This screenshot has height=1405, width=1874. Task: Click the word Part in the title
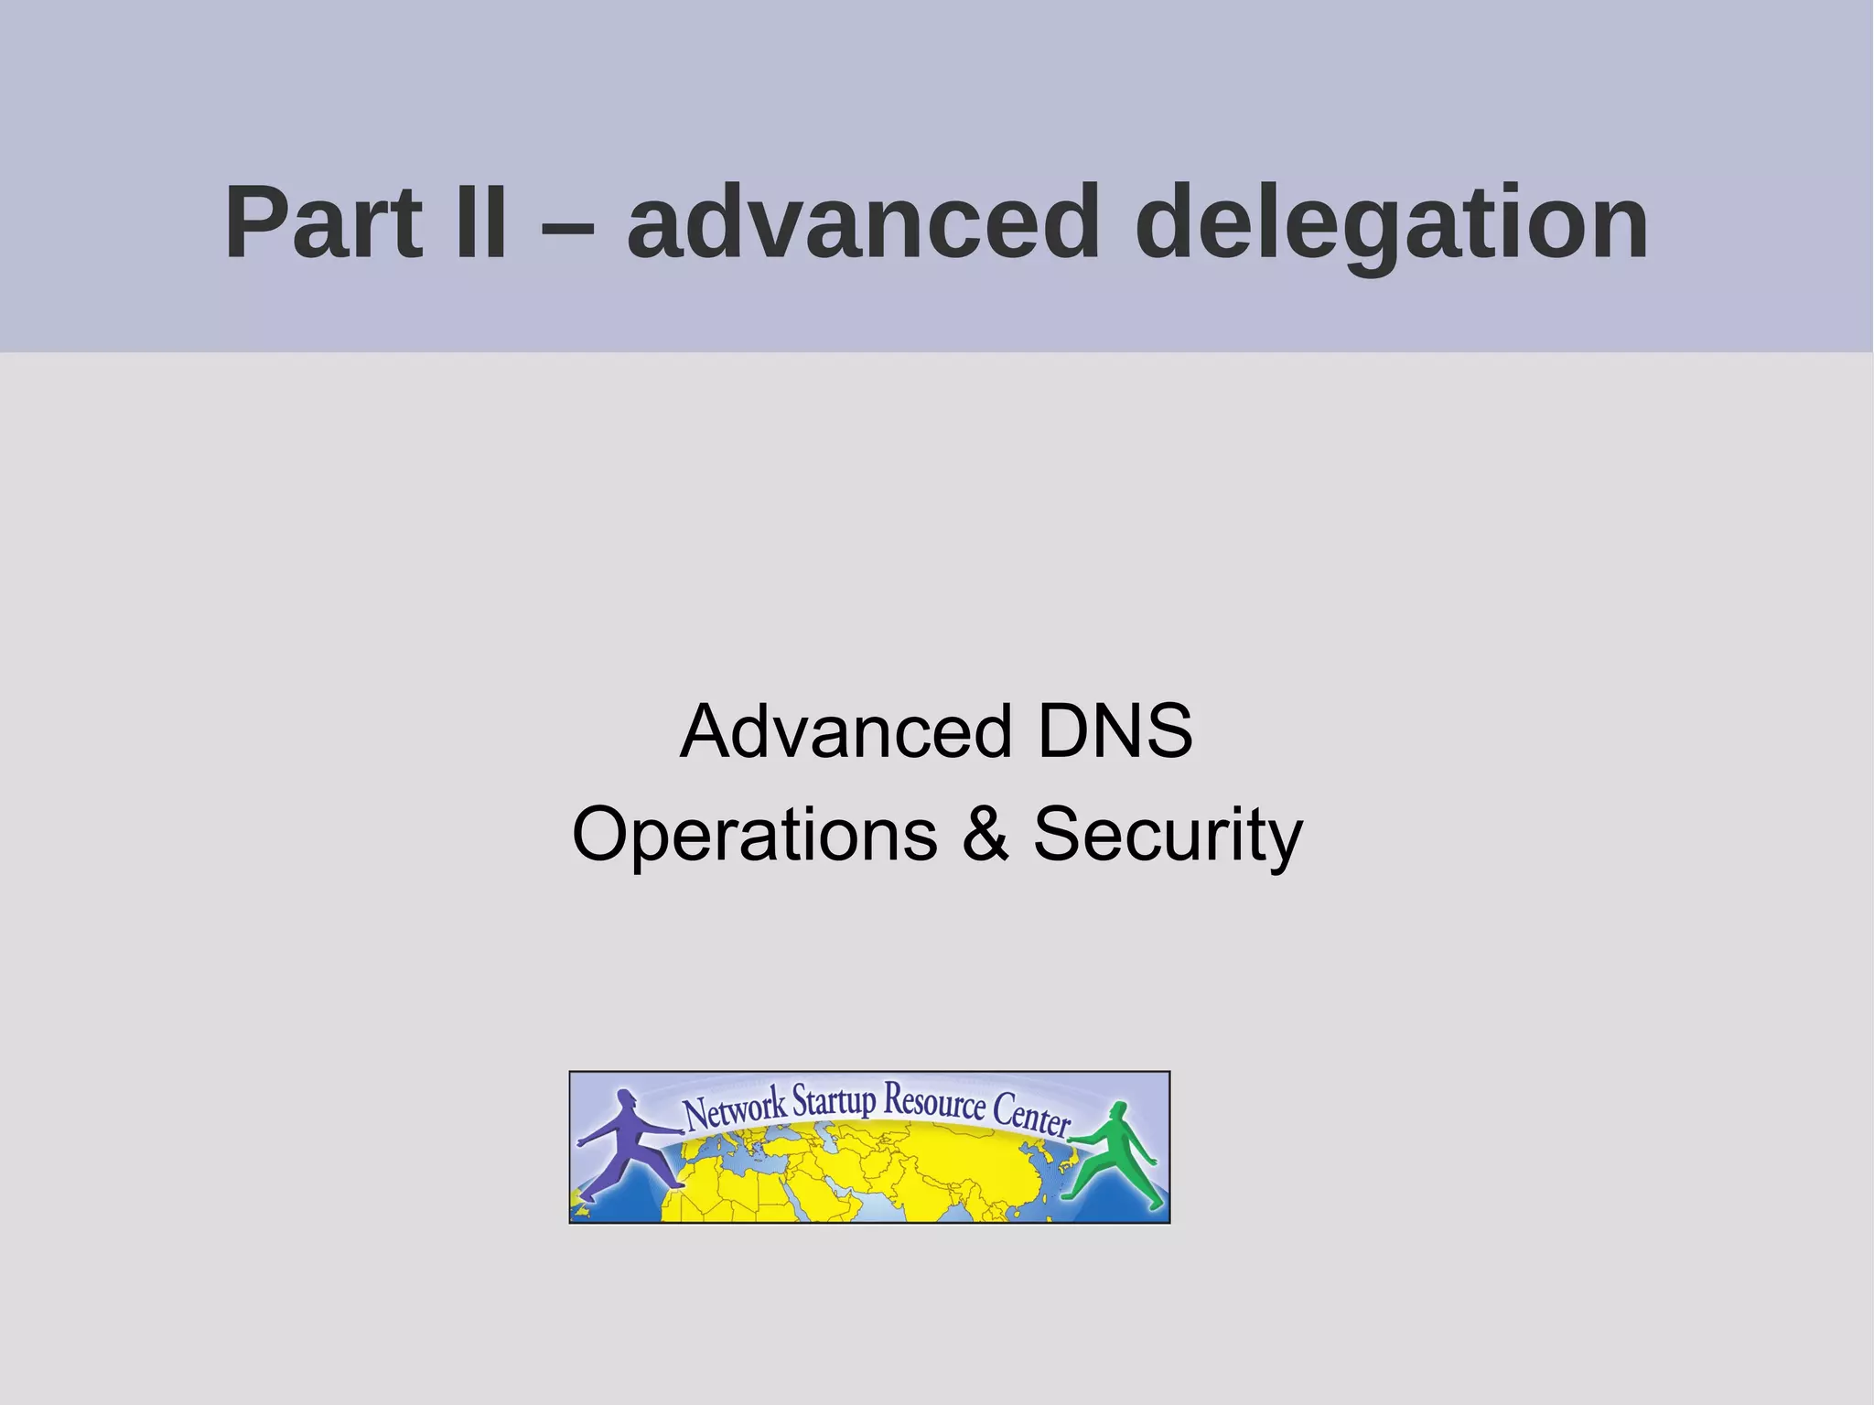322,222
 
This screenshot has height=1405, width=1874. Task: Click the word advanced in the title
862,222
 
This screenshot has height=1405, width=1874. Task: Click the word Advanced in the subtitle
845,731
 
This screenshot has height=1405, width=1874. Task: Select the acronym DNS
1115,731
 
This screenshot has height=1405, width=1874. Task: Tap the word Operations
755,834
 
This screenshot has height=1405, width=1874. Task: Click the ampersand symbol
985,834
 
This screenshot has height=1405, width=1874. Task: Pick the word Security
1168,836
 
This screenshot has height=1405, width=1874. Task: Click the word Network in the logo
735,1110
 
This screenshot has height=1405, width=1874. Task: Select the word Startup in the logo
834,1099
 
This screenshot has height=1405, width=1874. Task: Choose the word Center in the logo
1032,1114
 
